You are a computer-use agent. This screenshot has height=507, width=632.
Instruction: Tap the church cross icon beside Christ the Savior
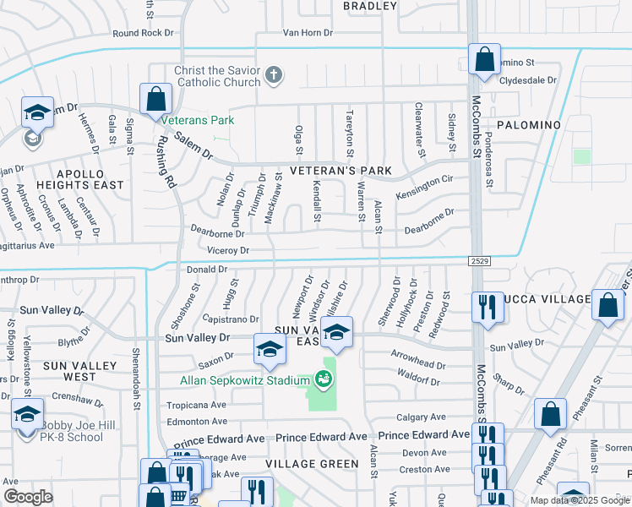pos(273,76)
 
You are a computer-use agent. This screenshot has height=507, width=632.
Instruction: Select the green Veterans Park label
pos(198,120)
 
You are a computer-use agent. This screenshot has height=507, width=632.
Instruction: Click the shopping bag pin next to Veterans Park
pos(156,99)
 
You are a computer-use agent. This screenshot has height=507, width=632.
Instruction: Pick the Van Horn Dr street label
pos(308,34)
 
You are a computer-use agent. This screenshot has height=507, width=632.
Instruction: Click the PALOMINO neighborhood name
pos(528,125)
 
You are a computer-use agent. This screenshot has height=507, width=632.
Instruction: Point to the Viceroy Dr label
pos(228,251)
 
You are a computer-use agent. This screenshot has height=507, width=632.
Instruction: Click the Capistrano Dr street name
pos(231,319)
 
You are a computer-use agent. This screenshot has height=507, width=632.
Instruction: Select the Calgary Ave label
pos(421,417)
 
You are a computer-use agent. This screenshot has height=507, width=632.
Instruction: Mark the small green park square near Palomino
pos(581,156)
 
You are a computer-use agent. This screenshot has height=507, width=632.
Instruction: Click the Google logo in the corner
pos(28,497)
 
